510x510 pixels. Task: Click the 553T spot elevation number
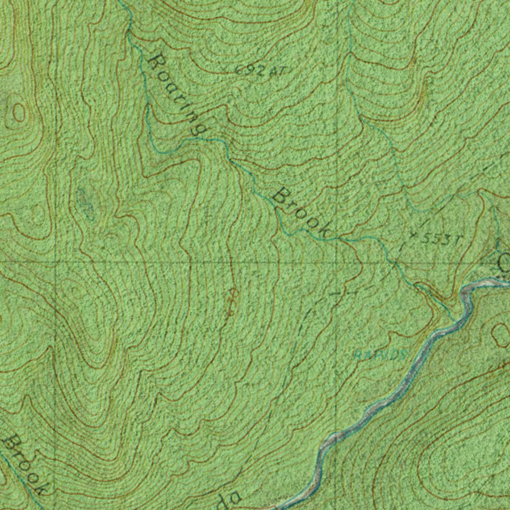[x=439, y=240]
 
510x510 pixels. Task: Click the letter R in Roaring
[x=157, y=62]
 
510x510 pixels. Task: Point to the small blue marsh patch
[x=86, y=203]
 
